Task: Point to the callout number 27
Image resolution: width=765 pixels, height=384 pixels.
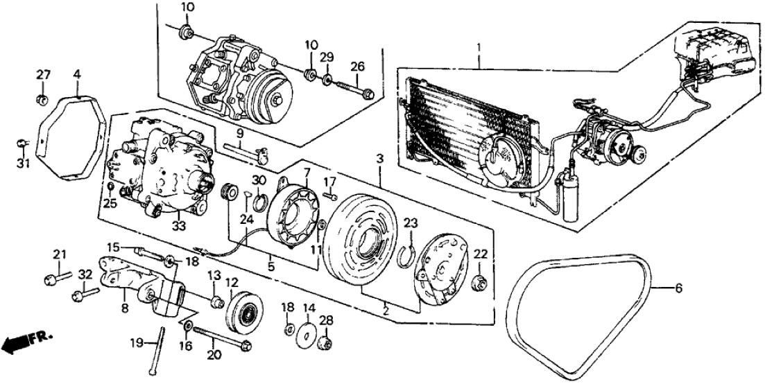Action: pos(43,75)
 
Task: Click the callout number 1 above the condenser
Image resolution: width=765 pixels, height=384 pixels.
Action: pos(478,48)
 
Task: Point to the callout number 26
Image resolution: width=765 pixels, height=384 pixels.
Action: pos(356,67)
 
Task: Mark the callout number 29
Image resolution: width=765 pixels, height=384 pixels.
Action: pos(327,55)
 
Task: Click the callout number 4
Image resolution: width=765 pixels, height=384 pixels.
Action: pos(76,73)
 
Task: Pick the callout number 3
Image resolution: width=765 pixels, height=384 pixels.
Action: pos(379,159)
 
